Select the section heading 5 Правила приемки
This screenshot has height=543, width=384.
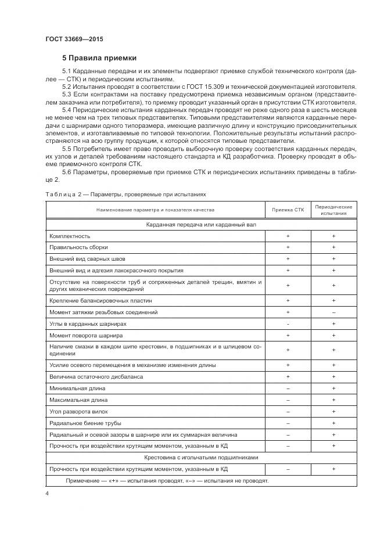tap(99, 58)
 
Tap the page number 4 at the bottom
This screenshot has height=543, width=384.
tap(46, 493)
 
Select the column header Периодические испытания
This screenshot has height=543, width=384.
tap(333, 210)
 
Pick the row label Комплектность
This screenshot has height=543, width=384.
tap(70, 236)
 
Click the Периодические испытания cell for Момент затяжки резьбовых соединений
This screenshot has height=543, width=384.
tap(333, 312)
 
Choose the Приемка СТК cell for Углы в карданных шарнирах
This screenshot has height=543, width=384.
tap(288, 323)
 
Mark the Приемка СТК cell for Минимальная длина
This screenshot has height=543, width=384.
tap(288, 388)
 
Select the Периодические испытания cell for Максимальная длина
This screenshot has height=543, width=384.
tap(333, 400)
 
